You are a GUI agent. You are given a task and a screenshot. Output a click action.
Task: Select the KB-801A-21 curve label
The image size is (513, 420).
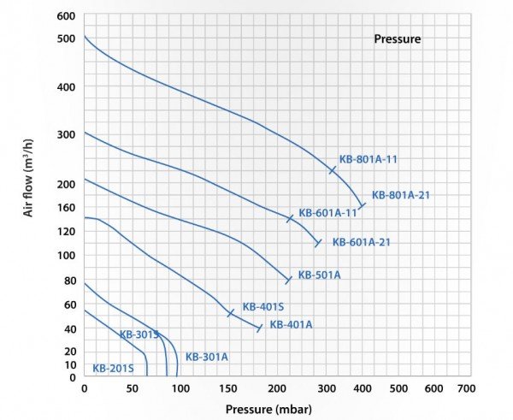(x=400, y=195)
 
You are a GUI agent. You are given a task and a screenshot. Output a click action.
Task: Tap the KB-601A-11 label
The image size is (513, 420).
(x=327, y=213)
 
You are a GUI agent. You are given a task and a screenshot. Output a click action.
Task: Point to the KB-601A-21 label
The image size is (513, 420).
(x=361, y=242)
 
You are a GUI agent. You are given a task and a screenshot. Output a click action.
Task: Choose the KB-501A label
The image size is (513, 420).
(x=319, y=275)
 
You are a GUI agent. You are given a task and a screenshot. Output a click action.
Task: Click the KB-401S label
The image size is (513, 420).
(x=262, y=306)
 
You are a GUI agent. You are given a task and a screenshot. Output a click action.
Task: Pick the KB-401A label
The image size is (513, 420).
(x=291, y=325)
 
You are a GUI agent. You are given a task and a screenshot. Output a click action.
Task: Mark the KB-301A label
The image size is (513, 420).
(x=206, y=357)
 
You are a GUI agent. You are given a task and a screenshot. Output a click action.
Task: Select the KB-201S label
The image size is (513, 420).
(x=112, y=370)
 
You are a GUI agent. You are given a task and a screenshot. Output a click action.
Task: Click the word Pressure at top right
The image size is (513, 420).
(x=397, y=39)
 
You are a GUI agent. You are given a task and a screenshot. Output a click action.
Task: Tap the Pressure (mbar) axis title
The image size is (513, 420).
(x=268, y=409)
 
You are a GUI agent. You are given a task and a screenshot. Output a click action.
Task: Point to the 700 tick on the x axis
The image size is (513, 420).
(x=466, y=388)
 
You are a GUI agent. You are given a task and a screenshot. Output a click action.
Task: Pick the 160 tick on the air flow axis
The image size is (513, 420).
(x=66, y=206)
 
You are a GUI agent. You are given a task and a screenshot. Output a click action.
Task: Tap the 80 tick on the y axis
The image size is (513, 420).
(x=68, y=280)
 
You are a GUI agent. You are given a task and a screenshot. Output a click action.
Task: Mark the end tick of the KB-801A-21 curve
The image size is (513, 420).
(x=362, y=205)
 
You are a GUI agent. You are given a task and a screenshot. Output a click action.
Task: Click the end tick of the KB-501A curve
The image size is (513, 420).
(x=288, y=280)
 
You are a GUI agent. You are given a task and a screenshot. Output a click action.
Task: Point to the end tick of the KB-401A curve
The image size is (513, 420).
(x=259, y=328)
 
